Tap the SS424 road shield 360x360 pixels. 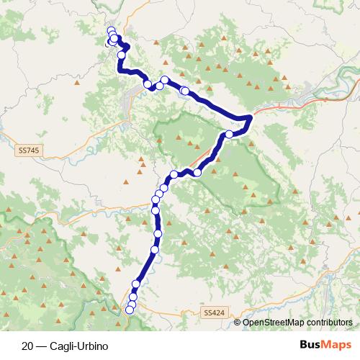pos(213,312)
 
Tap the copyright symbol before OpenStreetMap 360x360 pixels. pos(237,323)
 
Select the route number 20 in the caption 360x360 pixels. pos(27,346)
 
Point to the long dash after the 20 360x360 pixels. pos(42,346)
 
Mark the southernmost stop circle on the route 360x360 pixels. pos(130,310)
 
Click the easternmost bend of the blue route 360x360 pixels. pos(250,117)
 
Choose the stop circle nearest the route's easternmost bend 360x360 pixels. pos(230,134)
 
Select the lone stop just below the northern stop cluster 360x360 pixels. pos(122,55)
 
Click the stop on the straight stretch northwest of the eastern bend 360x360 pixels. pos(185,91)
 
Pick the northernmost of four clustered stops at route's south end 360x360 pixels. pos(136,284)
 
